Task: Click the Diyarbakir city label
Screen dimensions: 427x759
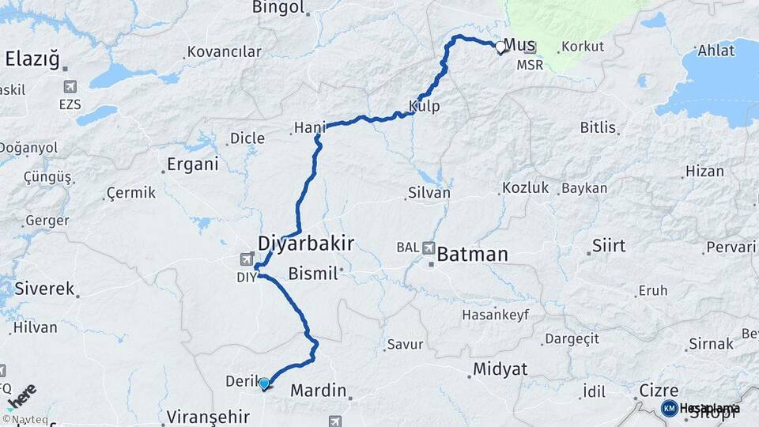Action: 305,242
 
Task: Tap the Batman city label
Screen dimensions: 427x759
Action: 472,255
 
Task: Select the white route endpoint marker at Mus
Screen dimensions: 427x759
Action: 500,47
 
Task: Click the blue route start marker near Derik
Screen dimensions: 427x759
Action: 264,384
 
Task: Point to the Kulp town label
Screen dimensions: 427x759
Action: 424,106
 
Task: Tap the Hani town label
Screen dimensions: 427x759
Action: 309,127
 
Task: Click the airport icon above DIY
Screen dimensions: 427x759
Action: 247,259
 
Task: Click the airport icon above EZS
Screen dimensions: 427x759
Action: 70,86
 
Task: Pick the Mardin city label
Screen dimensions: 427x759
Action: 319,390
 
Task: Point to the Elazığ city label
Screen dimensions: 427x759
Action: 32,58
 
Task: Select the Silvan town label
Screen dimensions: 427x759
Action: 429,192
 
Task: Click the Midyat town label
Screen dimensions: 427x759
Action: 500,369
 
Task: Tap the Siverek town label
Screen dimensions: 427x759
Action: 43,289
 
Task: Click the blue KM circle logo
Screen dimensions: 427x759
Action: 669,408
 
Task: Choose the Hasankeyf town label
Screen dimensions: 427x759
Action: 494,314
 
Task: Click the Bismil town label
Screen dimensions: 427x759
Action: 313,274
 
